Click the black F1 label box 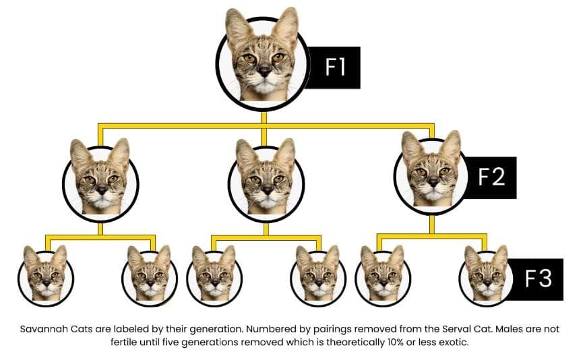click(334, 67)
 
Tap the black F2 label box click(491, 177)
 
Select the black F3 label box click(537, 279)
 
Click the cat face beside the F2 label click(432, 173)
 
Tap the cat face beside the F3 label click(487, 275)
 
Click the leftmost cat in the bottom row click(46, 275)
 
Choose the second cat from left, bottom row click(150, 275)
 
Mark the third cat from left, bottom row click(214, 275)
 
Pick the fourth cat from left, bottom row click(318, 275)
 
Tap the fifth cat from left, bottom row click(383, 275)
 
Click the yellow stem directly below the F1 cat click(264, 117)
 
